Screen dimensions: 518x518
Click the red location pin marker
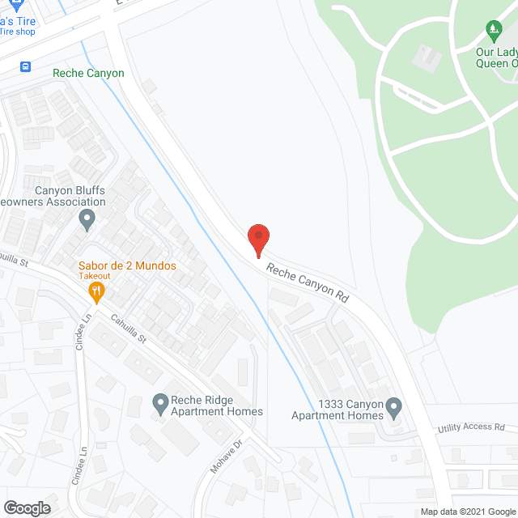257,240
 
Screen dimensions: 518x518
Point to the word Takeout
95,276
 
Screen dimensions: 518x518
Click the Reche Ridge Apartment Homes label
216,405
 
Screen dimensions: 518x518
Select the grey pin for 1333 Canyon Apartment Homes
393,405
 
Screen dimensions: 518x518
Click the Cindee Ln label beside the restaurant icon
87,327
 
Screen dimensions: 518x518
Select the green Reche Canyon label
88,74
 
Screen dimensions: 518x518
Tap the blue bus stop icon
26,66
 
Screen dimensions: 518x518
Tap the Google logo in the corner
27,507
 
